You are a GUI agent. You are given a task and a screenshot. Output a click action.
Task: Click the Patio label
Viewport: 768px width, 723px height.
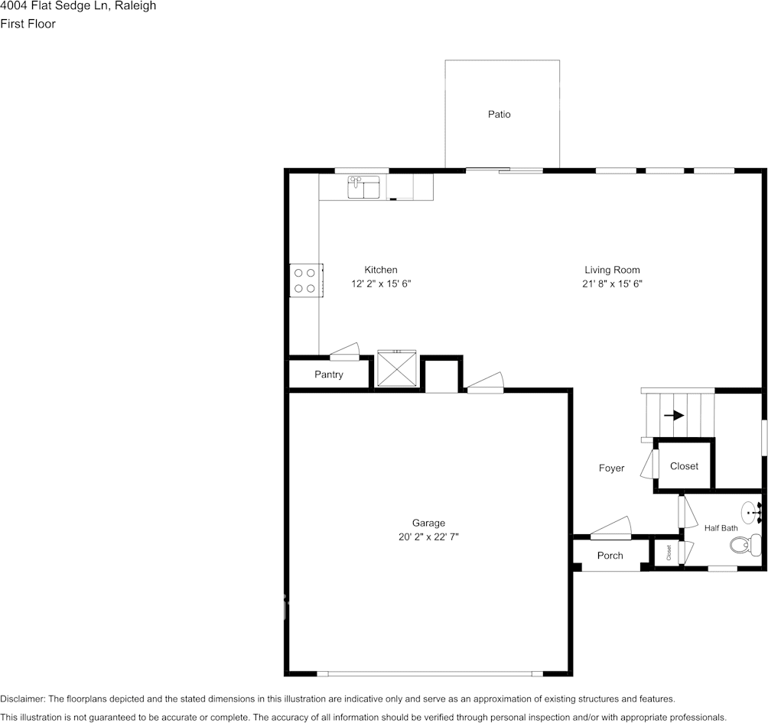point(499,115)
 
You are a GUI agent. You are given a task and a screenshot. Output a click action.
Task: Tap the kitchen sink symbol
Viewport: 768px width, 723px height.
point(363,186)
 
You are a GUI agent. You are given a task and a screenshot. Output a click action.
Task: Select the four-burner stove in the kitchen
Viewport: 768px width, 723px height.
point(305,280)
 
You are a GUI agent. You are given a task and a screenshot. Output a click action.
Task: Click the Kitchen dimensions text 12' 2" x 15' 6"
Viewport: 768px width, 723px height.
point(381,284)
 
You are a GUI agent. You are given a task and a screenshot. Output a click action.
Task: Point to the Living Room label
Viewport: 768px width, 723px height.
point(612,270)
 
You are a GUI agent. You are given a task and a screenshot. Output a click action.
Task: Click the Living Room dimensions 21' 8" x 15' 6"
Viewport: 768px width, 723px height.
point(612,284)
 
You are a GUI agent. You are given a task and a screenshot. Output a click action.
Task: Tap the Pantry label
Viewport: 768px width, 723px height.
point(329,374)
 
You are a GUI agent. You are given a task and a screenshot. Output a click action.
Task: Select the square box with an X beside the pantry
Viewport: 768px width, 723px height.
point(397,370)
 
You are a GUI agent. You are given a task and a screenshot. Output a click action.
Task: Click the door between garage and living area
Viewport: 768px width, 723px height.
point(485,384)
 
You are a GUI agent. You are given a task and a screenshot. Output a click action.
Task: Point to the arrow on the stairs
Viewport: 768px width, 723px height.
point(674,416)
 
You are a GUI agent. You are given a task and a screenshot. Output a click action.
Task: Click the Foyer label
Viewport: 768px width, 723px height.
point(611,468)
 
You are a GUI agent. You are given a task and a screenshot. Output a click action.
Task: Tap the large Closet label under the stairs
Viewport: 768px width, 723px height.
point(684,466)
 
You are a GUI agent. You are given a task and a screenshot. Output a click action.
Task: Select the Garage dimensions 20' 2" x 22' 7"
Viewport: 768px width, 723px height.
point(428,537)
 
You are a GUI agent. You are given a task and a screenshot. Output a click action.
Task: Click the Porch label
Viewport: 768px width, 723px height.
point(610,556)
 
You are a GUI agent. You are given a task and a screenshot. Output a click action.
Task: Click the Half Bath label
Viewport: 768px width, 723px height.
point(721,528)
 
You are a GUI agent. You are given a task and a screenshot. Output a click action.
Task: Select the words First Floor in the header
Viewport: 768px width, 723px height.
point(28,24)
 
